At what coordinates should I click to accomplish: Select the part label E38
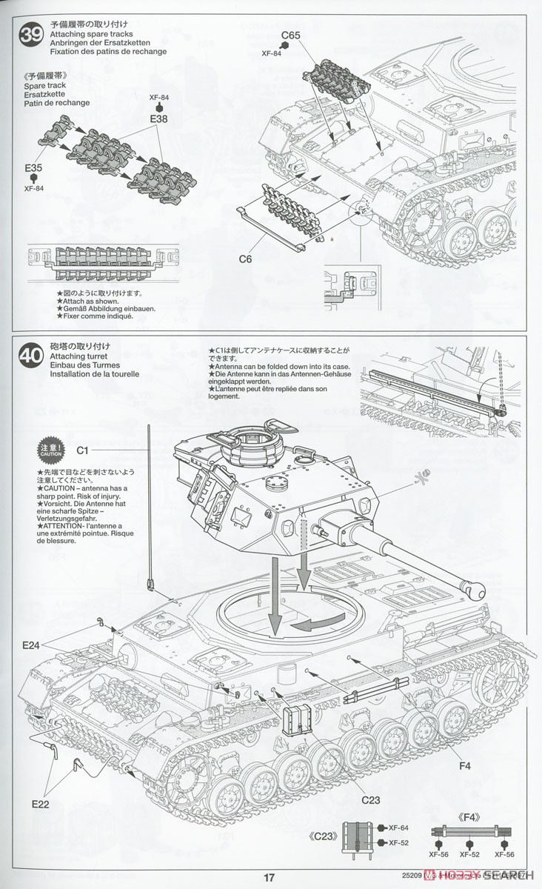point(159,119)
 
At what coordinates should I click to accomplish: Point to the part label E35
point(33,168)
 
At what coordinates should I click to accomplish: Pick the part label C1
point(82,450)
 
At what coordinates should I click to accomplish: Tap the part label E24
point(31,645)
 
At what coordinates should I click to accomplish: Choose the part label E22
point(40,802)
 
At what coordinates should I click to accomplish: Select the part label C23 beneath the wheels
point(371,799)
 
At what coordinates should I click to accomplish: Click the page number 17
point(270,877)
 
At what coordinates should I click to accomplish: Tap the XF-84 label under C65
point(272,53)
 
